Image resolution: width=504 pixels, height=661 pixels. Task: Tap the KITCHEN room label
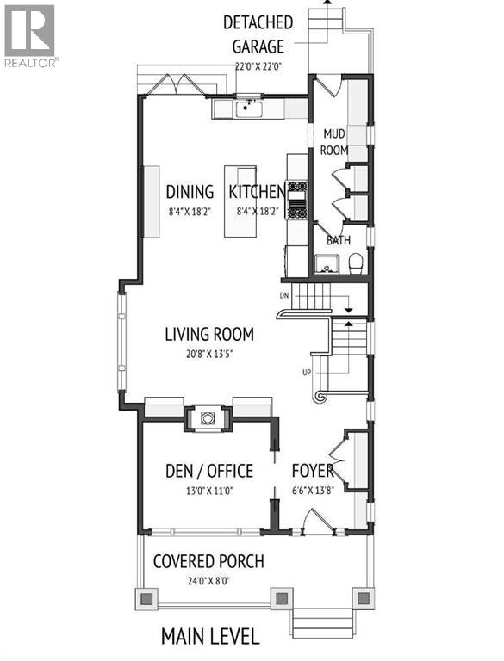tap(257, 192)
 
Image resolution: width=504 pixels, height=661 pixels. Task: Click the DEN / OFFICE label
tap(208, 471)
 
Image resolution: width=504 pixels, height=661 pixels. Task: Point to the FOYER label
tap(313, 471)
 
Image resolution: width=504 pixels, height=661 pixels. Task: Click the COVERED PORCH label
tap(208, 562)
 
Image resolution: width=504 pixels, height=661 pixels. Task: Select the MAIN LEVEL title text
tap(210, 637)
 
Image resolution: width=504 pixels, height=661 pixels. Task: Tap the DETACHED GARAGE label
tap(258, 32)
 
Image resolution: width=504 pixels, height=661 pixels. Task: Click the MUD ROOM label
tap(334, 142)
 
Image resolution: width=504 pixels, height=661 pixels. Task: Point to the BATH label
tap(338, 240)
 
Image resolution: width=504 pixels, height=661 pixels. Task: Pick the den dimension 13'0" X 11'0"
tap(208, 490)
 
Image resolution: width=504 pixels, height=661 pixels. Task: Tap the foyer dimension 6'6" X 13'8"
tap(313, 490)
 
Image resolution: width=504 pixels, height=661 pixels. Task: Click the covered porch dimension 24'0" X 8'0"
tap(208, 580)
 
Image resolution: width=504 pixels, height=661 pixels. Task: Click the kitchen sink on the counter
tap(251, 108)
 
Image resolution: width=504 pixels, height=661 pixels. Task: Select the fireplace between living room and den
tap(208, 418)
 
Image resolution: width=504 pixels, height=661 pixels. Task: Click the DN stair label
tap(284, 295)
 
